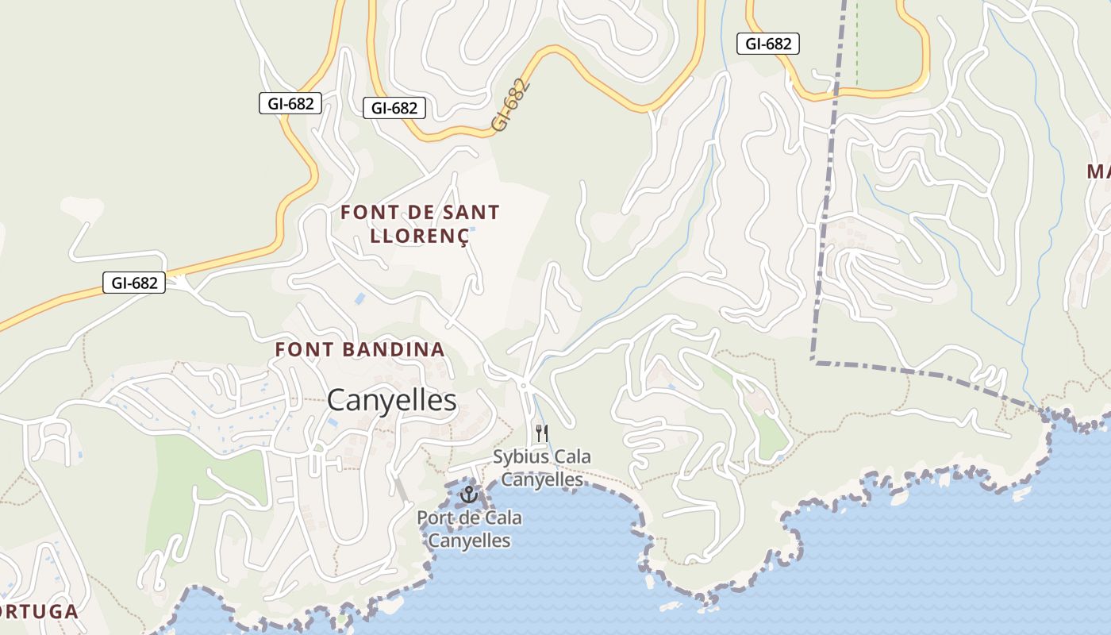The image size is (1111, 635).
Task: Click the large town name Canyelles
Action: [391, 400]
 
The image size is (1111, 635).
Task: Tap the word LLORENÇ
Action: [418, 236]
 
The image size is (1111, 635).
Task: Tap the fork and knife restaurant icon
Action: [542, 433]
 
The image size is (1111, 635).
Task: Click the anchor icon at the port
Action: [469, 495]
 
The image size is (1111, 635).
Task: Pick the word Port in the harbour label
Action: [434, 518]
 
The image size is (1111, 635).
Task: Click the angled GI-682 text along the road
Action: [509, 104]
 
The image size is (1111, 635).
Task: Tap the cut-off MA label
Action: [1098, 171]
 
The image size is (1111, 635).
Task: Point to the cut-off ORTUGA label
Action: [40, 612]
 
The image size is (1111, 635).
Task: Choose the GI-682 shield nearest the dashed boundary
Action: [767, 44]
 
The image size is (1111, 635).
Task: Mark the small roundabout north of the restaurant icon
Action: [524, 386]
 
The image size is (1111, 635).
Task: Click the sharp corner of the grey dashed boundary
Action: [813, 361]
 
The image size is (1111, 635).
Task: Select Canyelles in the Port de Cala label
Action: [469, 541]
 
